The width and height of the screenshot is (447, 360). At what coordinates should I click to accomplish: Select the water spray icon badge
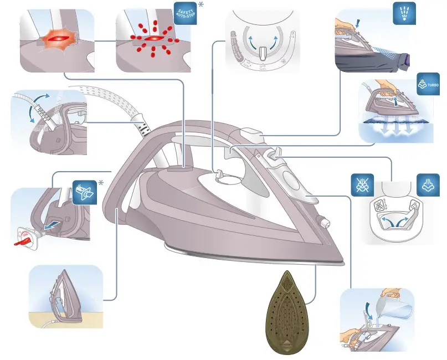coord(404,14)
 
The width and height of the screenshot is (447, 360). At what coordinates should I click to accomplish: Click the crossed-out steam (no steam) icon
coord(362,185)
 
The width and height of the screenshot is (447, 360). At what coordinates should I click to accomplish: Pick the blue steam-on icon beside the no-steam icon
coord(428,185)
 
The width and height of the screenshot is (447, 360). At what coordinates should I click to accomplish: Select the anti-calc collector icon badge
coord(84,192)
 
